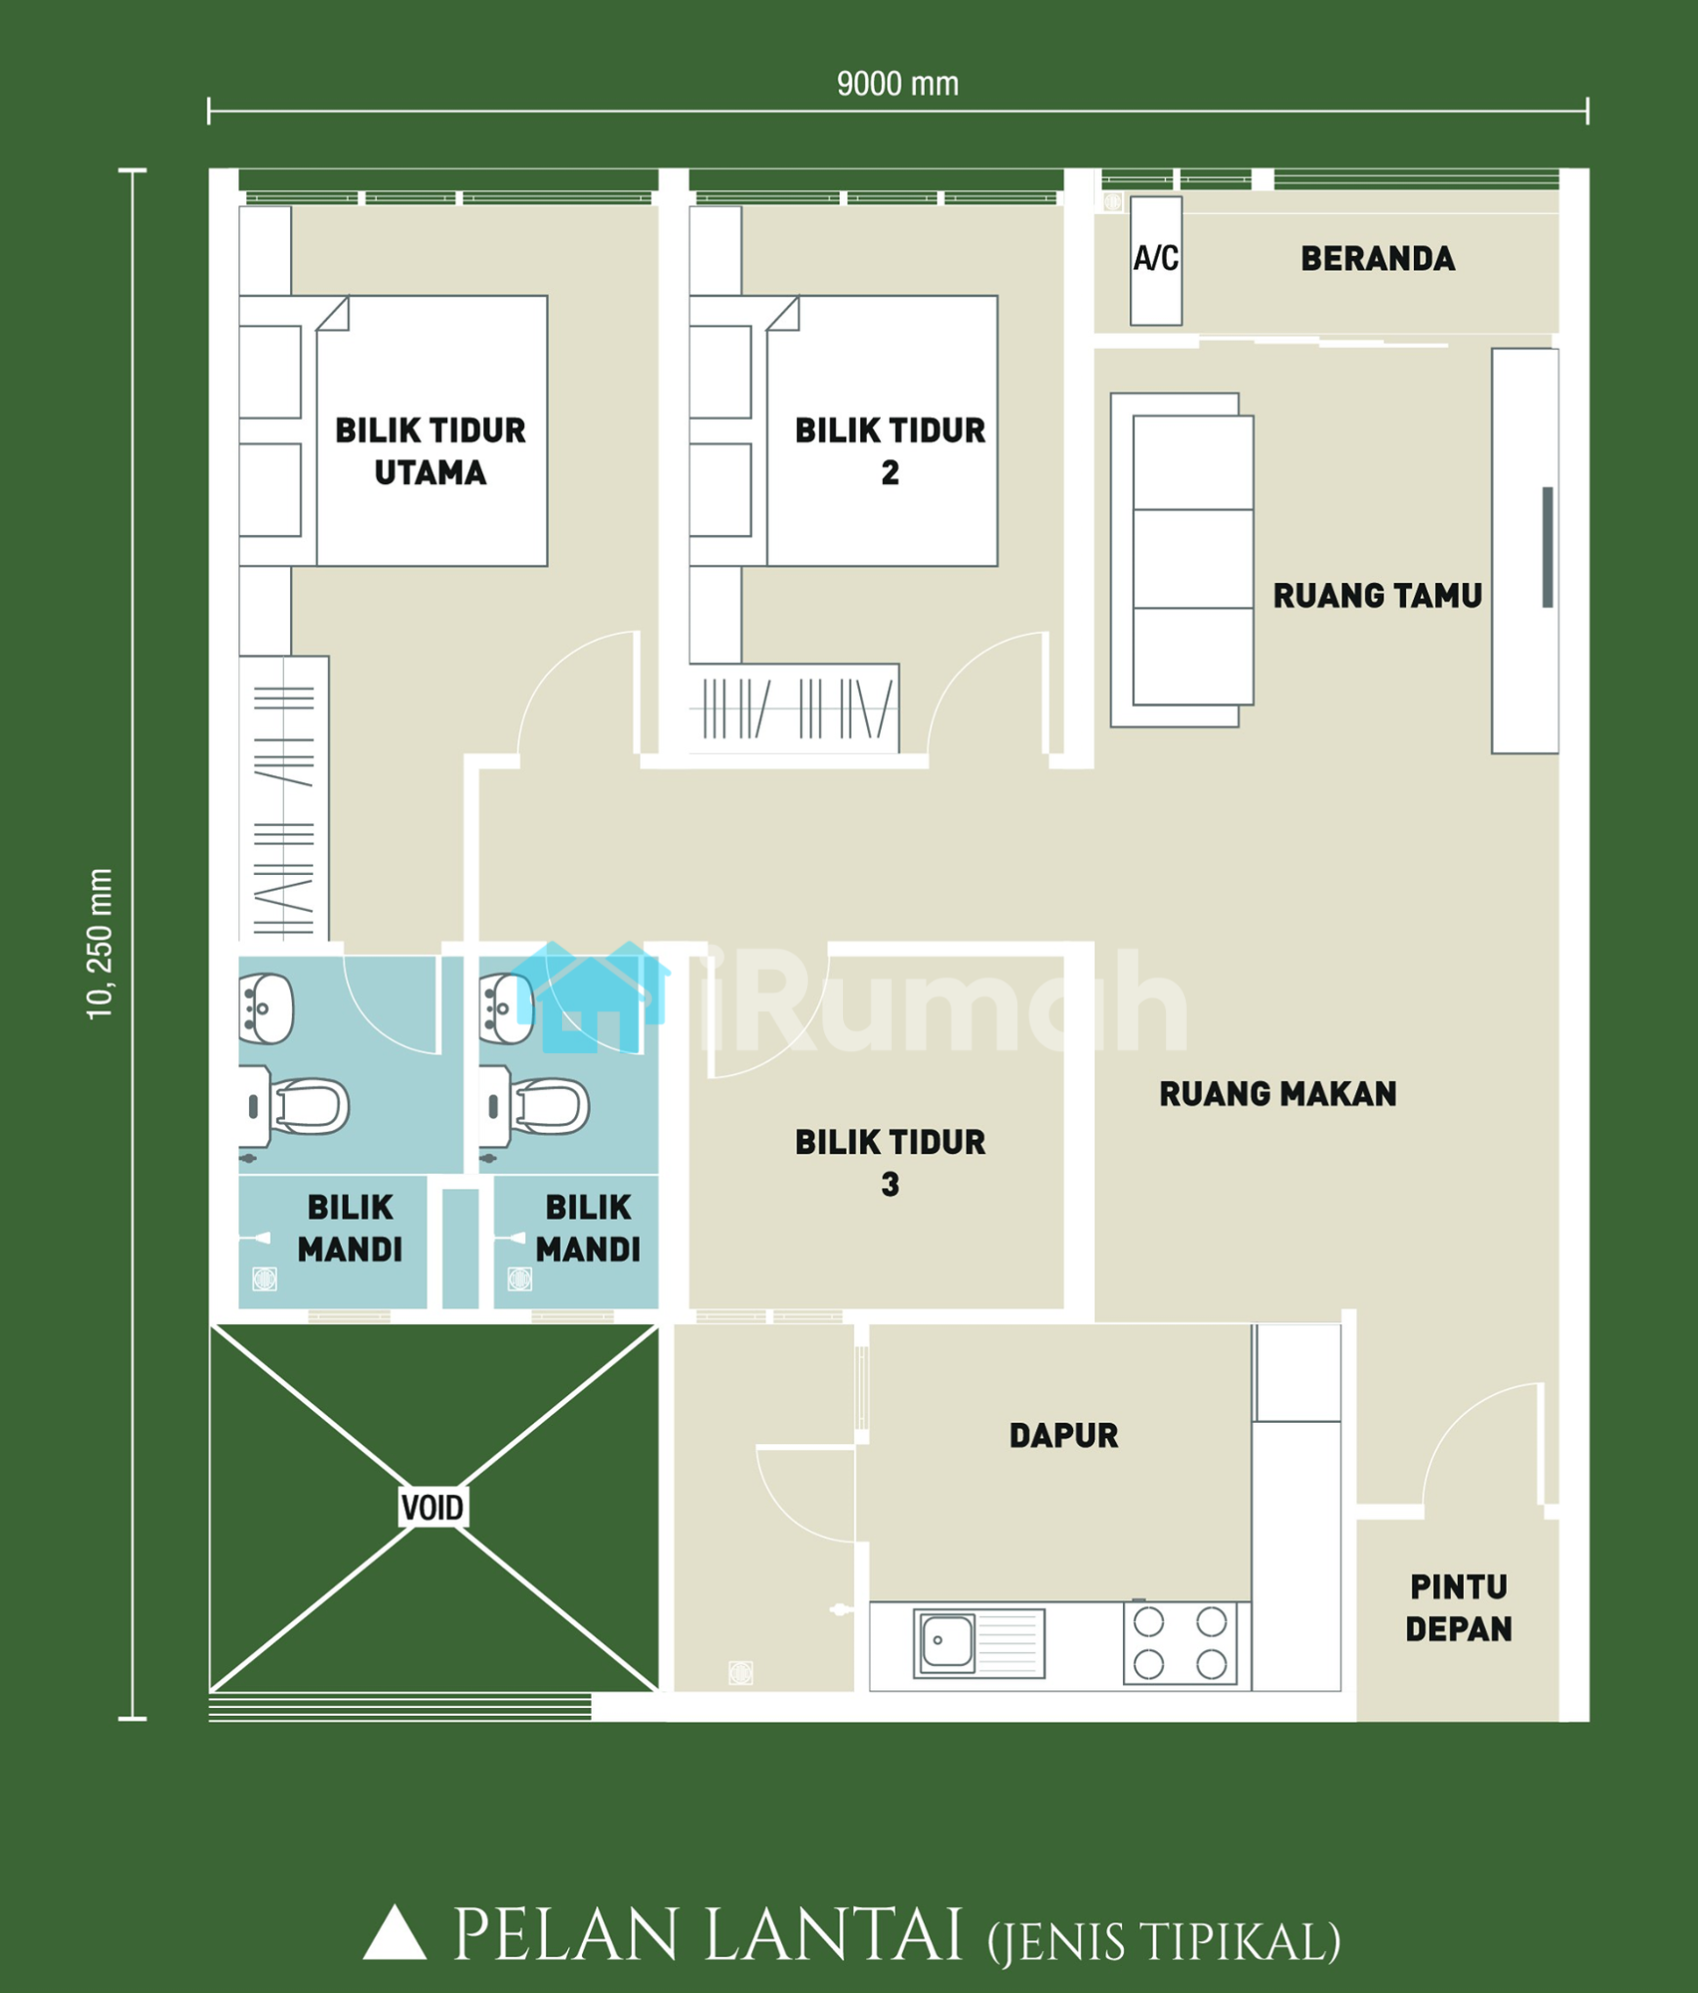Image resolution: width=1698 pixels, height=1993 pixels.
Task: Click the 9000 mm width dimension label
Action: tap(897, 84)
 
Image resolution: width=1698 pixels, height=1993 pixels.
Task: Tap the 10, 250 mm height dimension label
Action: tap(100, 944)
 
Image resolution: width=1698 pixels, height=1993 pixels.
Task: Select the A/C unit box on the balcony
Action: tap(1156, 260)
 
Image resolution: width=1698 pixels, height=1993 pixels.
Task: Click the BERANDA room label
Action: tap(1377, 259)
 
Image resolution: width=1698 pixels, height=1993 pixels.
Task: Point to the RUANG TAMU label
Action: tap(1377, 596)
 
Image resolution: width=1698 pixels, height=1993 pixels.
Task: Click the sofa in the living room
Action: tap(1182, 560)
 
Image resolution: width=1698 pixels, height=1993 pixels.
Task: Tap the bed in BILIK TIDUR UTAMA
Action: tap(431, 430)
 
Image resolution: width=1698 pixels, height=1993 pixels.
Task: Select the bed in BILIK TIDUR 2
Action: tap(882, 430)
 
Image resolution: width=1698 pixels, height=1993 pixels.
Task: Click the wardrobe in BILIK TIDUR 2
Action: tap(794, 708)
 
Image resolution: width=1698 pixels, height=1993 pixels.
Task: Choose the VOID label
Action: tap(431, 1508)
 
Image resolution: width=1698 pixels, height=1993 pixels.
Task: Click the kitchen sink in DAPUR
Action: tap(980, 1643)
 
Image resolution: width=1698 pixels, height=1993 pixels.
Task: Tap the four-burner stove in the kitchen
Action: tap(1180, 1643)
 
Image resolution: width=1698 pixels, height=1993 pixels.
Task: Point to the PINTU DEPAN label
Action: tap(1459, 1608)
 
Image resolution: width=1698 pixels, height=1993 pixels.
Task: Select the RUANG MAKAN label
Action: tap(1277, 1094)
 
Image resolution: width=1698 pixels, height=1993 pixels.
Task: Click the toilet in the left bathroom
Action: tap(295, 1106)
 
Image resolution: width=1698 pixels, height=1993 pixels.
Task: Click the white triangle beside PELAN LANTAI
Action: tap(395, 1932)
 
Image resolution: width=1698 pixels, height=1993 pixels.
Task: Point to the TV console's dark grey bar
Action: tap(1548, 547)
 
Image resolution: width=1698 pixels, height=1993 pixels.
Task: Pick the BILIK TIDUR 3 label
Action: tap(890, 1163)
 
